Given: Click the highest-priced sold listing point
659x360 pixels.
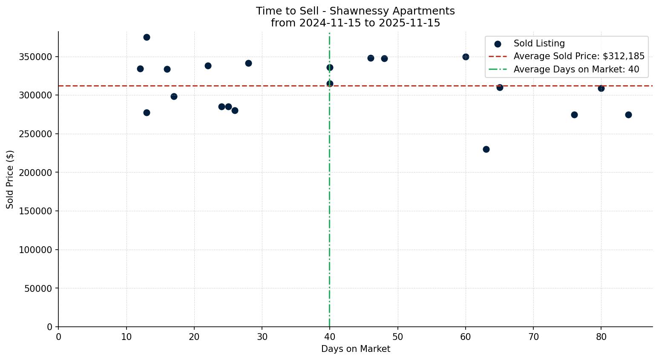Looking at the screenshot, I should tap(147, 37).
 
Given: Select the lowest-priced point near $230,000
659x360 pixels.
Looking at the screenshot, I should tap(486, 149).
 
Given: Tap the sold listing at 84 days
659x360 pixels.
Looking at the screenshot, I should tap(628, 115).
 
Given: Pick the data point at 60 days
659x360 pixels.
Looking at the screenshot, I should tap(466, 57).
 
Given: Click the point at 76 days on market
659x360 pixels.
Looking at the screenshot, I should tap(574, 115).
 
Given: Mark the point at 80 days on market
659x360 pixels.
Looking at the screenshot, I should tap(601, 88).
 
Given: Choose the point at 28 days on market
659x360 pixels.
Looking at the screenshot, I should tap(248, 63).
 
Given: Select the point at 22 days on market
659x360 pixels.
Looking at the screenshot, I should tap(208, 66).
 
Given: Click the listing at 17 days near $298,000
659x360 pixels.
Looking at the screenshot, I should tap(174, 96).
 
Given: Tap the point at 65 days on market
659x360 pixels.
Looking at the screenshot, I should tap(500, 87).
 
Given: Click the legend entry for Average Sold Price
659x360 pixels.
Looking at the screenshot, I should tap(579, 56).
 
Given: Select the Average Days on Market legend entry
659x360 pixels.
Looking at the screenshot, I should tap(576, 69).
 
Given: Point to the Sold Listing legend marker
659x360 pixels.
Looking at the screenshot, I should tap(498, 44).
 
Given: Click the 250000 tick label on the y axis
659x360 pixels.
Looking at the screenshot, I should tap(35, 134).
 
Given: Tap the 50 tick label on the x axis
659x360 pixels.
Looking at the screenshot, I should tap(397, 337).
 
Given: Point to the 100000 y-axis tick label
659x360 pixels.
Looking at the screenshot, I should tap(35, 250).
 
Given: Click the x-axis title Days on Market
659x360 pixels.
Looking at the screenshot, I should tap(355, 349).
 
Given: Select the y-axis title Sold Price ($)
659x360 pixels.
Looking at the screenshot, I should tap(10, 179).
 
